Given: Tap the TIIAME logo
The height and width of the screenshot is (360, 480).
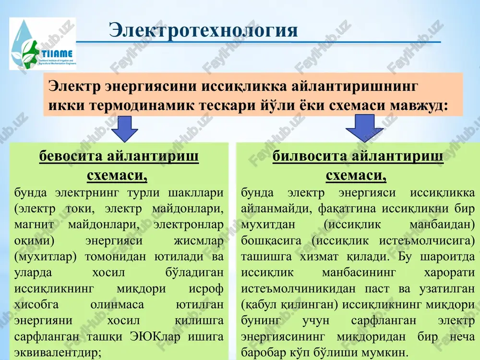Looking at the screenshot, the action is coord(43,44).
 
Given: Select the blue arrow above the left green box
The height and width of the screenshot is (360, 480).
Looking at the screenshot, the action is coord(125,129).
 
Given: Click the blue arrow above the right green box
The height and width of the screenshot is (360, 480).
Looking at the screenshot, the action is coord(364,128).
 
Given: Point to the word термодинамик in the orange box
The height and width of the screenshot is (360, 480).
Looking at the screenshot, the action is coord(142,106).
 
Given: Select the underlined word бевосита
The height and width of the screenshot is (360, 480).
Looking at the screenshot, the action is coord(71,156).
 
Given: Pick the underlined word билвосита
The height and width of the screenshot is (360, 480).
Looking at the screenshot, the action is coord(310,156).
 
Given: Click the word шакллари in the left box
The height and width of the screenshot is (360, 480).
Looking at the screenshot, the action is coord(196,193).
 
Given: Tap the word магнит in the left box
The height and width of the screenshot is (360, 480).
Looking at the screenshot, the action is coord(34,225).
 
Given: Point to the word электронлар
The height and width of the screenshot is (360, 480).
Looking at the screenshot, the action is coord(189,225).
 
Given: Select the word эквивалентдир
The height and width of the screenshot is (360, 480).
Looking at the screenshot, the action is coord(58,353).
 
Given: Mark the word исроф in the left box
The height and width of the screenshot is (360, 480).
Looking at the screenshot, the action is coord(206,289).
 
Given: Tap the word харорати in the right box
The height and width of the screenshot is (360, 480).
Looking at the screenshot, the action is coord(449,273).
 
